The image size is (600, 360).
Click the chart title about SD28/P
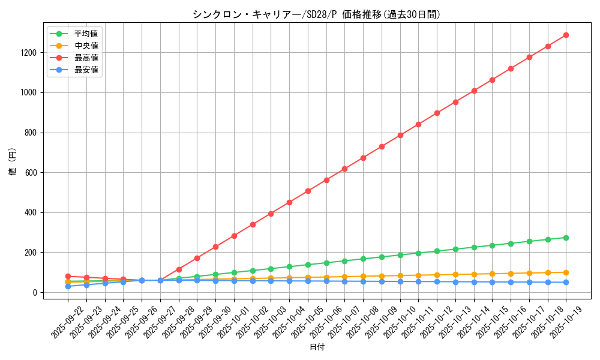316,14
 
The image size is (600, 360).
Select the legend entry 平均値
86,34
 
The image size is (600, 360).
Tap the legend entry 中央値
86,46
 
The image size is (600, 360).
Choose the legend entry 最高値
86,58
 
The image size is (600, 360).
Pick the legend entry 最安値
86,70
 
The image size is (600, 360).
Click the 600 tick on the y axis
32,173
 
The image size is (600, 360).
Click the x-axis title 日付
317,347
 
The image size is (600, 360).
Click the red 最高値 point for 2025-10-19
566,35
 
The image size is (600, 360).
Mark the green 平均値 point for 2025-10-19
566,238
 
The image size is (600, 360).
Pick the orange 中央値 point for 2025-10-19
566,272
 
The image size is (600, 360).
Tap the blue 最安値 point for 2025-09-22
68,286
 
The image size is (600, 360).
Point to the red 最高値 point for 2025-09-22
68,277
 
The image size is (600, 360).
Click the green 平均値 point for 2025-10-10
400,255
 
